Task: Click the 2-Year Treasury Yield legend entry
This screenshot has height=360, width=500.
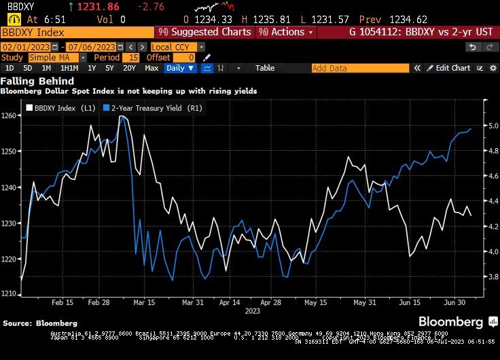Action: [146, 107]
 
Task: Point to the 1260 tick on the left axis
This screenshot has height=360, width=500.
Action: [10, 115]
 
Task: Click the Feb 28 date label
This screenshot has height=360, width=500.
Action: [99, 303]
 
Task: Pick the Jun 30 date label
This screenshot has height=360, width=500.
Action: [456, 303]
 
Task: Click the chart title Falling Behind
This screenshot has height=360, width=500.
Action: [28, 81]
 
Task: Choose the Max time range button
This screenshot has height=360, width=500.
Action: [151, 68]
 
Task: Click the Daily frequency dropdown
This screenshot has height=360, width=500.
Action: [180, 68]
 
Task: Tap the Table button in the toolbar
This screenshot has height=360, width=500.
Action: [265, 68]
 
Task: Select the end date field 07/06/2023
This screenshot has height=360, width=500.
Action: [90, 47]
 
